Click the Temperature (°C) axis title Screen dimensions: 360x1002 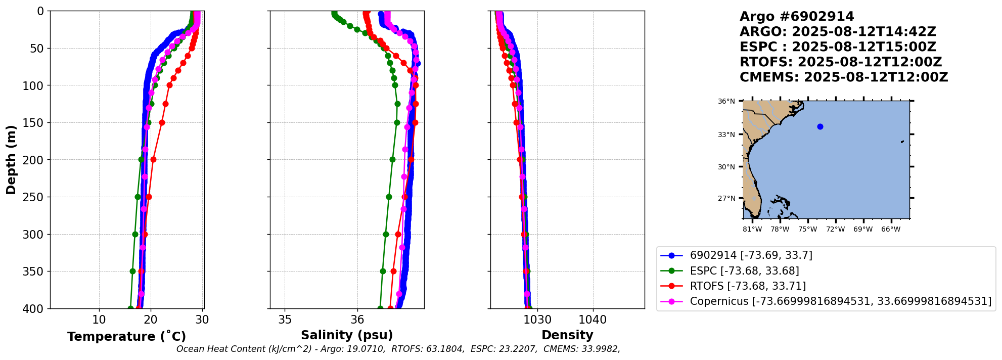tap(126, 337)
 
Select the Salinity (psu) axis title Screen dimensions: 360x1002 tap(347, 335)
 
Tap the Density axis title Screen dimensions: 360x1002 tap(567, 335)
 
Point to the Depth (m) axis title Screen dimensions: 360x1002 tap(11, 160)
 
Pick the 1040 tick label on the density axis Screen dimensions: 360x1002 tap(593, 320)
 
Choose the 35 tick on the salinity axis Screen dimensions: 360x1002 tap(285, 320)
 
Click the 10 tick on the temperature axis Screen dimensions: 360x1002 tap(99, 320)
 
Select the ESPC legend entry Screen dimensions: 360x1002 tap(744, 271)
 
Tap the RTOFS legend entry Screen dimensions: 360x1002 tap(748, 286)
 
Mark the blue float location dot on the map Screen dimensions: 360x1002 tap(820, 126)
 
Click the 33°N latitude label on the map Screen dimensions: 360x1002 tap(726, 134)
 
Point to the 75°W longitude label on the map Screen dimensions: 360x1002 tap(807, 230)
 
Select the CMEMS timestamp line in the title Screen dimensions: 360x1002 tap(843, 77)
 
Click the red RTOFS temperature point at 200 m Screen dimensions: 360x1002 tap(153, 160)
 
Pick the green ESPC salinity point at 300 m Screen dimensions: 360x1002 tap(386, 234)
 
